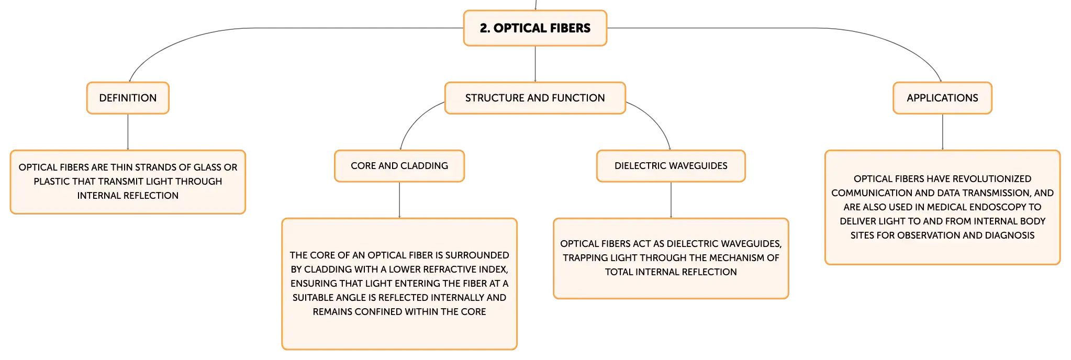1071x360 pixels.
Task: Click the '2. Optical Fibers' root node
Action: coord(535,28)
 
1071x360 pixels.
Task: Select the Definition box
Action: coord(128,98)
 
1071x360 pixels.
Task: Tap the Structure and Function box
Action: coord(535,98)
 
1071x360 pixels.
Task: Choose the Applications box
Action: coord(942,98)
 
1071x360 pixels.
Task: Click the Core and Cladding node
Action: coord(399,166)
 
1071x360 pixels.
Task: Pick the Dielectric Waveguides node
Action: coord(671,166)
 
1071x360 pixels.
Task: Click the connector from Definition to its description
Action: coord(128,132)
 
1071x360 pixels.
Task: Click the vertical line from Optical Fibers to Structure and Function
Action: coord(535,64)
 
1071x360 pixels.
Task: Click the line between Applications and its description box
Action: coord(942,132)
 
